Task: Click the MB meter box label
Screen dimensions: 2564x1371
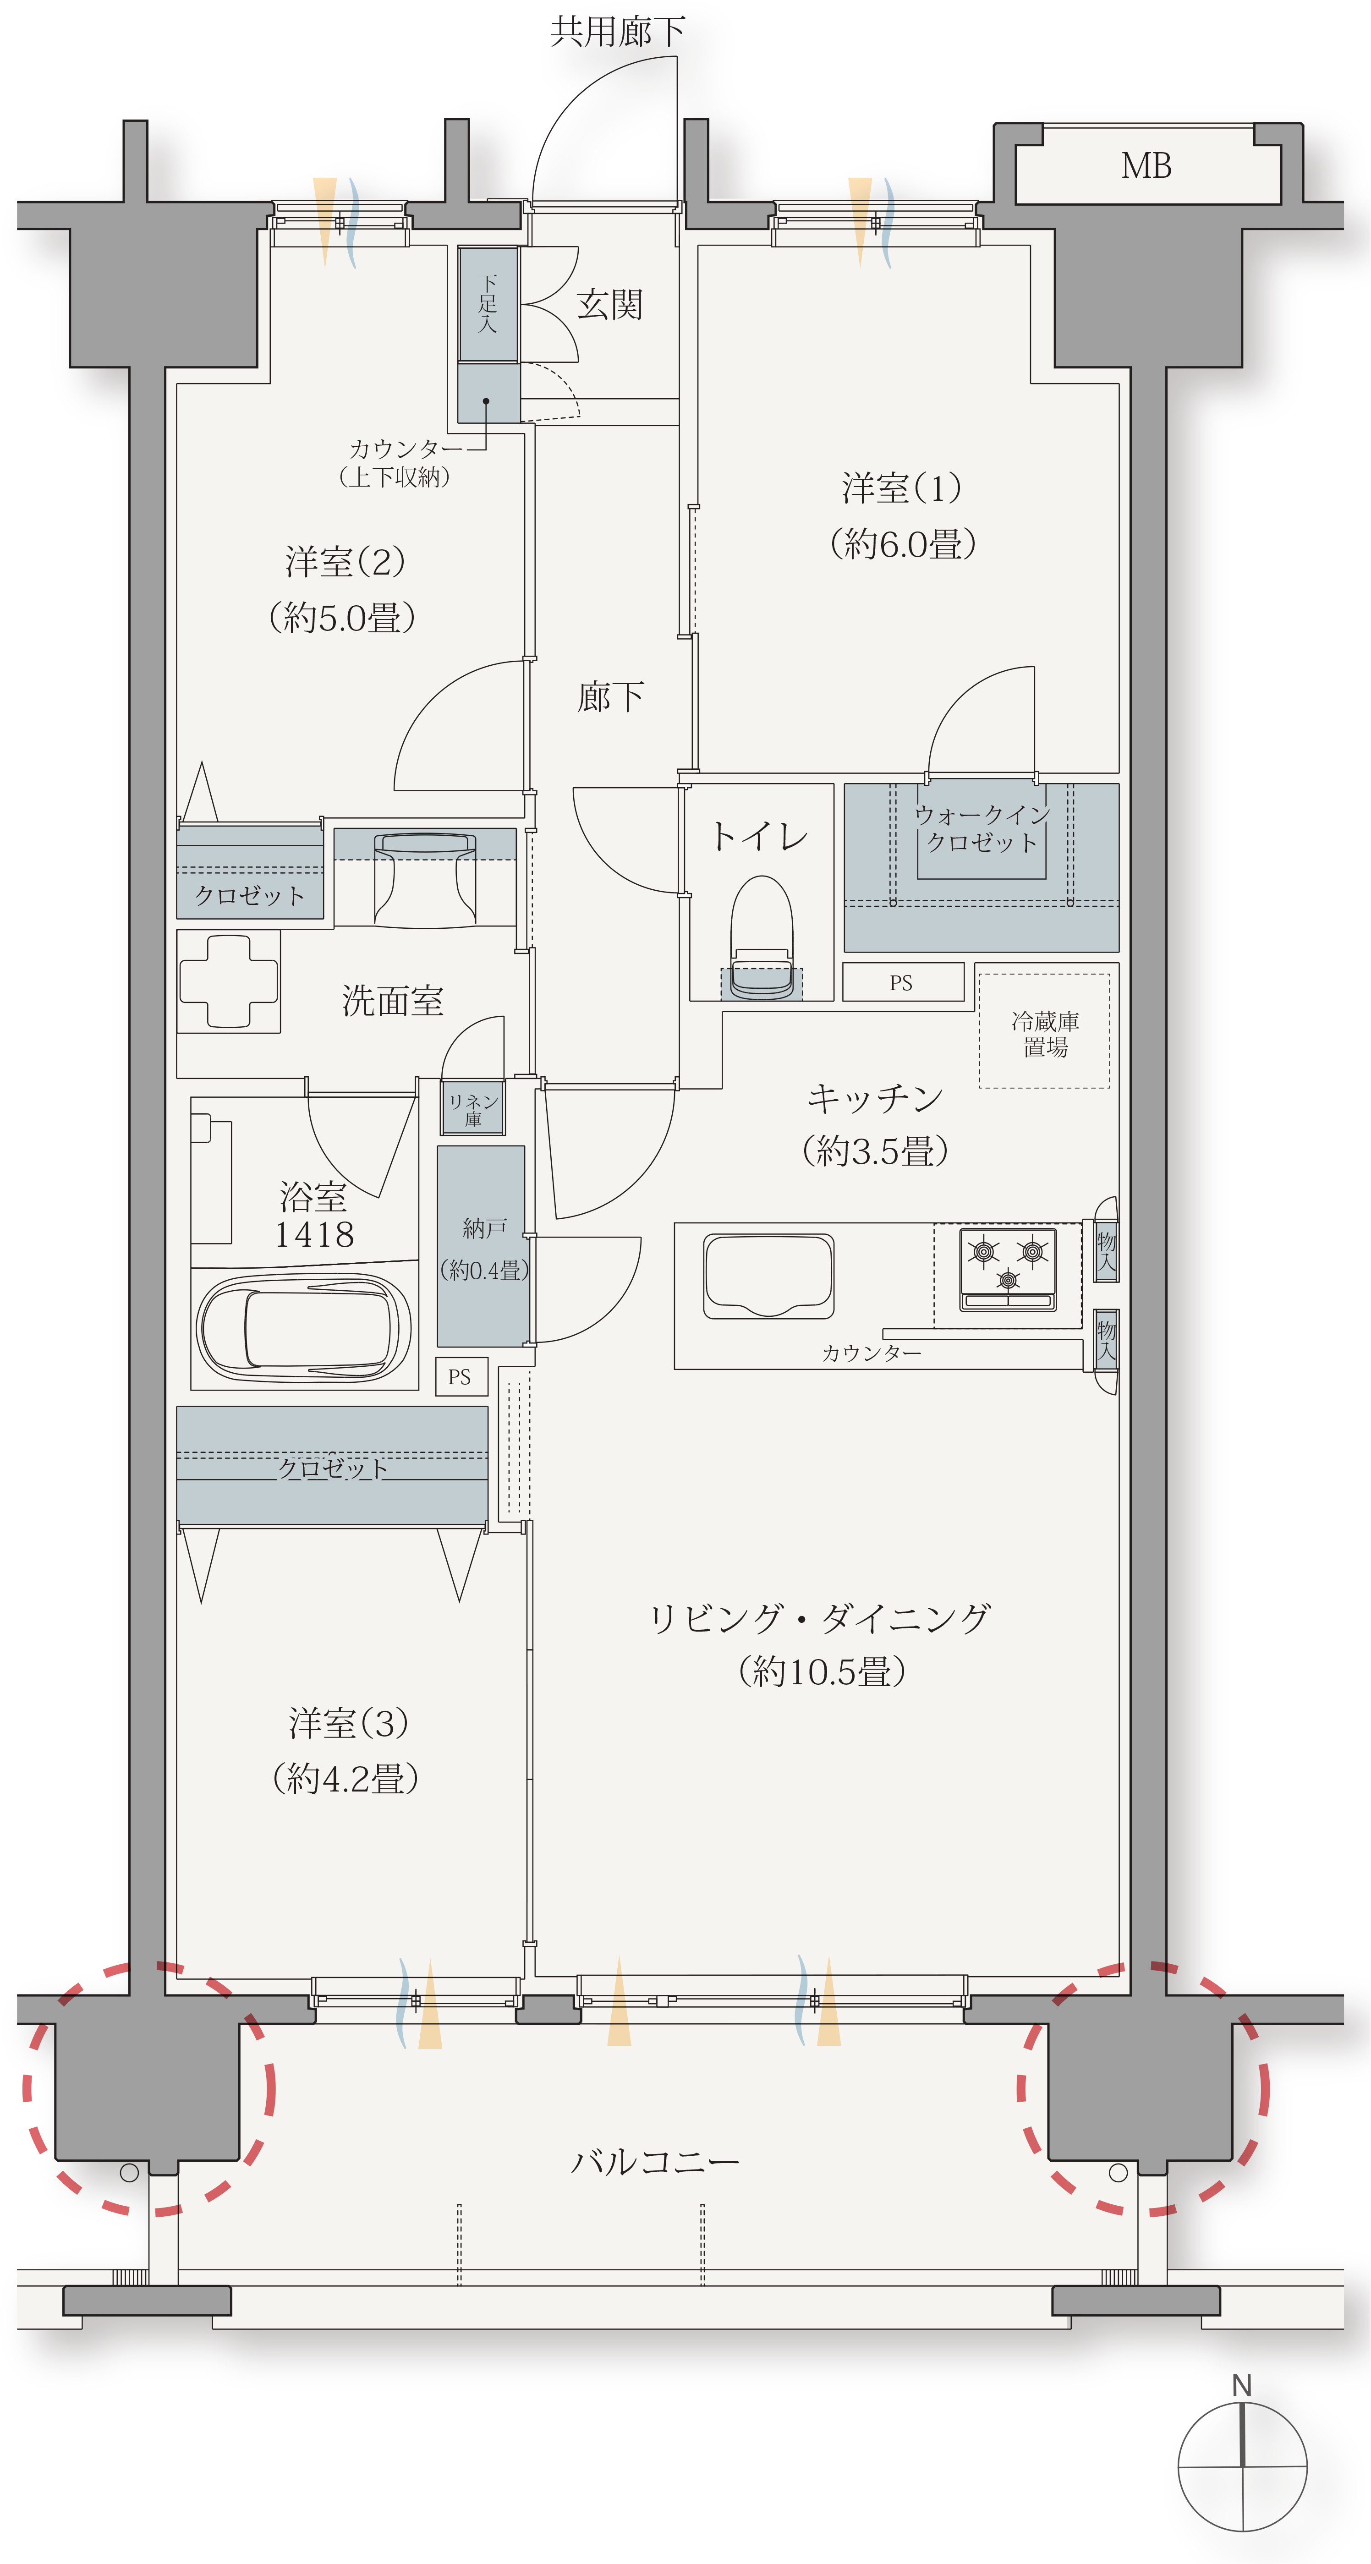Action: click(x=1146, y=166)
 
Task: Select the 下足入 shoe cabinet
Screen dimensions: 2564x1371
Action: click(x=487, y=304)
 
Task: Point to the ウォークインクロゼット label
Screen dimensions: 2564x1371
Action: click(x=982, y=828)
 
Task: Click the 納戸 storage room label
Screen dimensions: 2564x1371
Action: click(x=484, y=1229)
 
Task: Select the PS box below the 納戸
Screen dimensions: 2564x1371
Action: click(x=460, y=1376)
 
